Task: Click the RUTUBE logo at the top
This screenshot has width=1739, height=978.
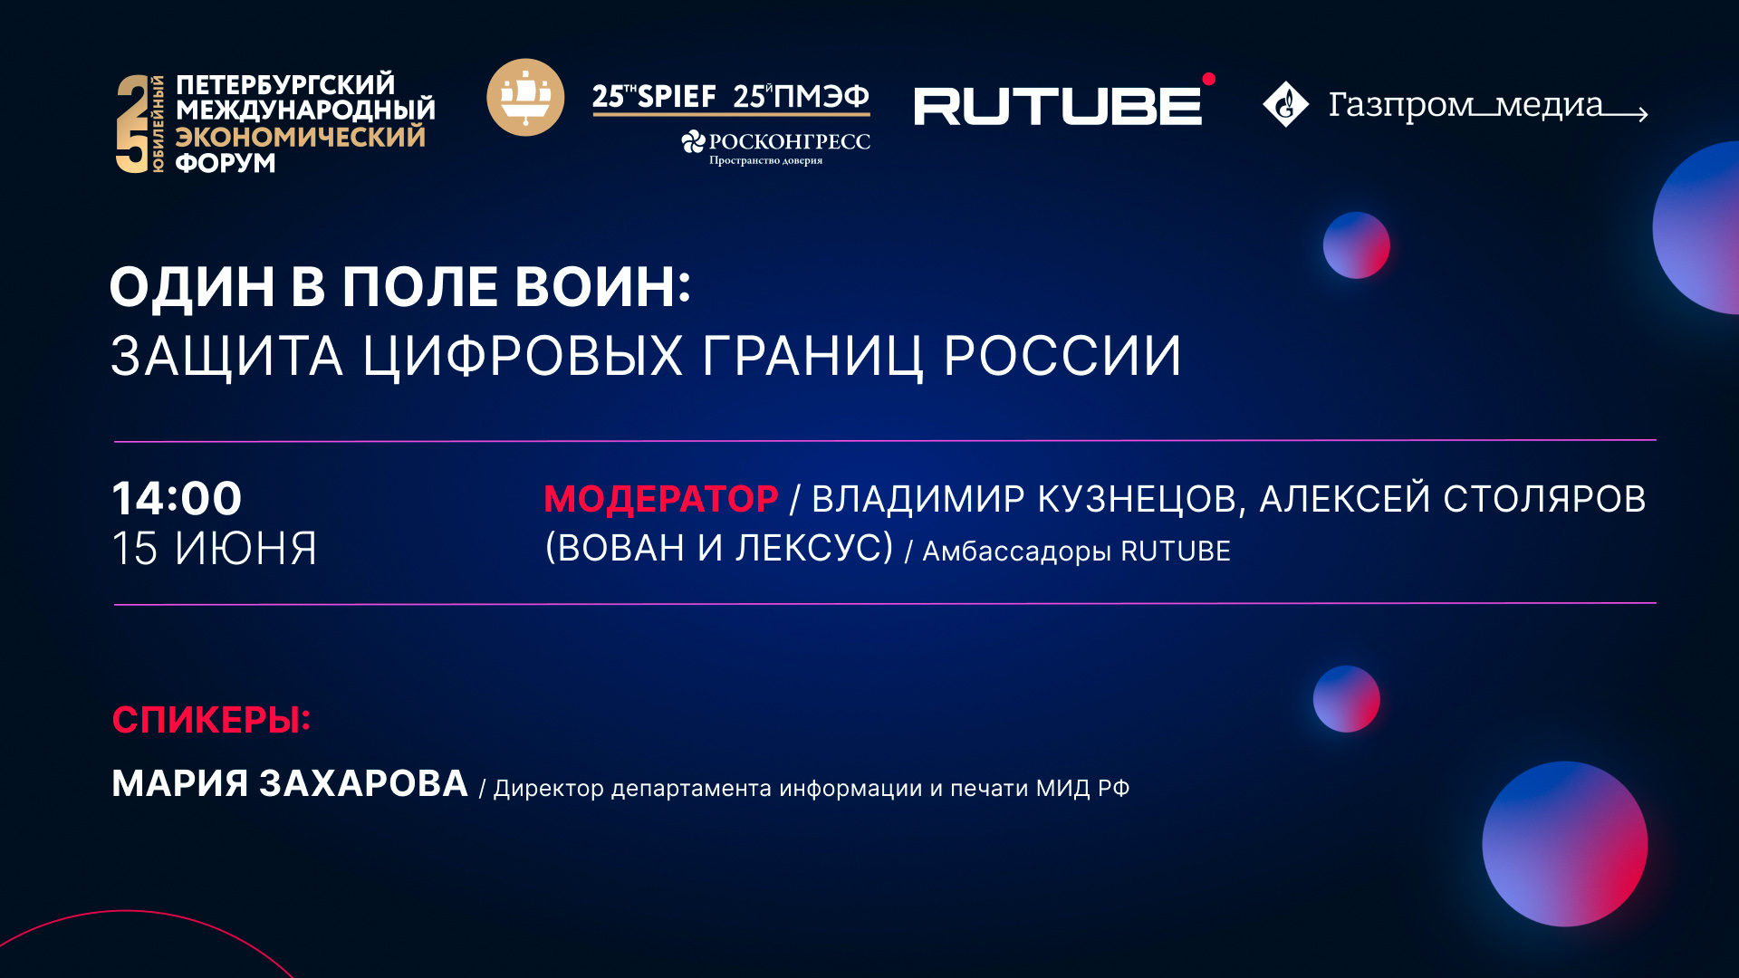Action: (1058, 106)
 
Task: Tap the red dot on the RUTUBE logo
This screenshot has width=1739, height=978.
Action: (1208, 80)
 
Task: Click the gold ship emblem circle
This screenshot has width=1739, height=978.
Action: (525, 98)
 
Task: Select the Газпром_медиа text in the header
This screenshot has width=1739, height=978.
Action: (1465, 105)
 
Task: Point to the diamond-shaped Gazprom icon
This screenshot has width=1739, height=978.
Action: (1285, 104)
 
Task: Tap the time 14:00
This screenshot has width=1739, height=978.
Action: (177, 498)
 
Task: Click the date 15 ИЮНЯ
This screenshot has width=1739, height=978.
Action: (214, 549)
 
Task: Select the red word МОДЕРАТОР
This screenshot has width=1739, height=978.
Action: (660, 499)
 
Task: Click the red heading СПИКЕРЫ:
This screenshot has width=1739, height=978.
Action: (211, 720)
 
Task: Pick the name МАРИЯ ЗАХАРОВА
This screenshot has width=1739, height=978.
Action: (290, 783)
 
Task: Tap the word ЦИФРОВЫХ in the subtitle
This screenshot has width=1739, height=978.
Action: (523, 355)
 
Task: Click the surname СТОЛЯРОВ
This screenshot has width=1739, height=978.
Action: (1543, 499)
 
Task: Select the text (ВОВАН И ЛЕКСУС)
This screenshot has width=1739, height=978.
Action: (719, 548)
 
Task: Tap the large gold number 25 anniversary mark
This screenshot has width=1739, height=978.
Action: (132, 124)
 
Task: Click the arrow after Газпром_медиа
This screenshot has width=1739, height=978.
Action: (1626, 114)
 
